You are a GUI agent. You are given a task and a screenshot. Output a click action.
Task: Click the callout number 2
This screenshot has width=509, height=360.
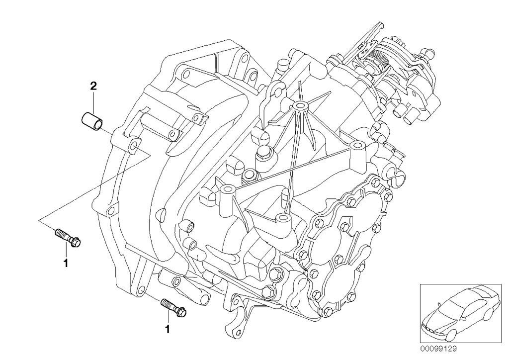tap(93, 85)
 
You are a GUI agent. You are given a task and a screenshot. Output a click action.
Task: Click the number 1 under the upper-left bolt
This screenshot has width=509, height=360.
tap(65, 262)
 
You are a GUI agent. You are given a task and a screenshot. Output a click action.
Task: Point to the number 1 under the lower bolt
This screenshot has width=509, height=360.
tap(168, 329)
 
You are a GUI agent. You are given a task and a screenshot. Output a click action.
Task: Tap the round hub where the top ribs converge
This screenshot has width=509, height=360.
tap(299, 106)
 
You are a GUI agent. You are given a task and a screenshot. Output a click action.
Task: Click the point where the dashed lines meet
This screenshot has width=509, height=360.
tap(39, 219)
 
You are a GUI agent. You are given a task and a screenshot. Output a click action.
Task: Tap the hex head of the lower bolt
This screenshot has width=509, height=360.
tap(181, 312)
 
